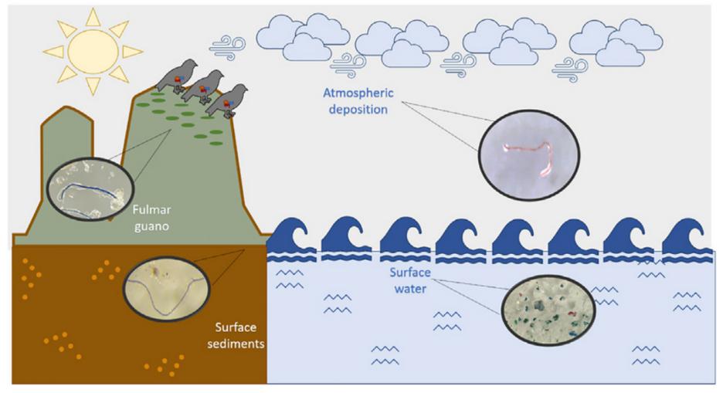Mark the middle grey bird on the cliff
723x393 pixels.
(x=202, y=87)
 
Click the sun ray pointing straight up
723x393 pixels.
(x=93, y=15)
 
